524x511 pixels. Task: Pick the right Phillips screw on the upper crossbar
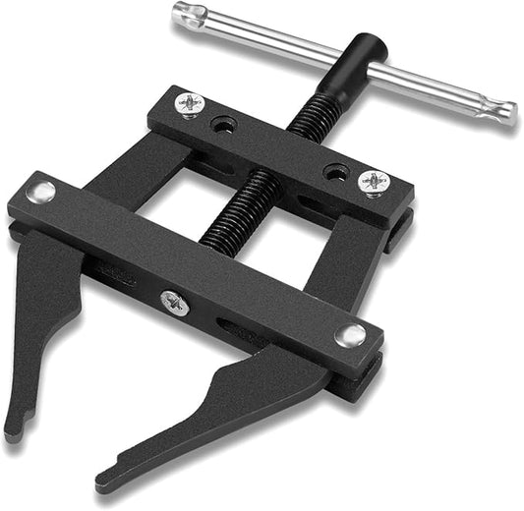[375, 182]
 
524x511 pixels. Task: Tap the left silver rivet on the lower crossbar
[42, 193]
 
